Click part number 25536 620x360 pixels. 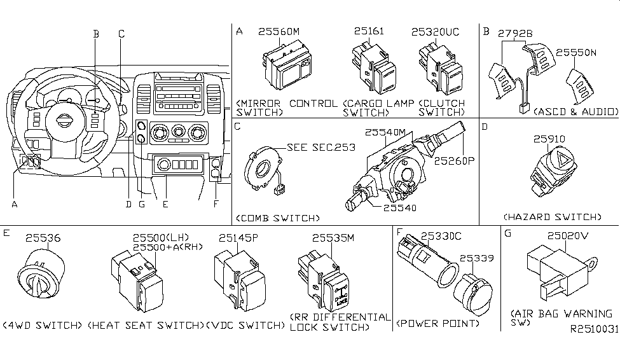point(43,238)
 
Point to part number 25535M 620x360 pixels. point(332,238)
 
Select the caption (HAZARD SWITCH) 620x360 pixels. point(552,217)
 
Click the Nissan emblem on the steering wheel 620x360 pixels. point(64,121)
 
